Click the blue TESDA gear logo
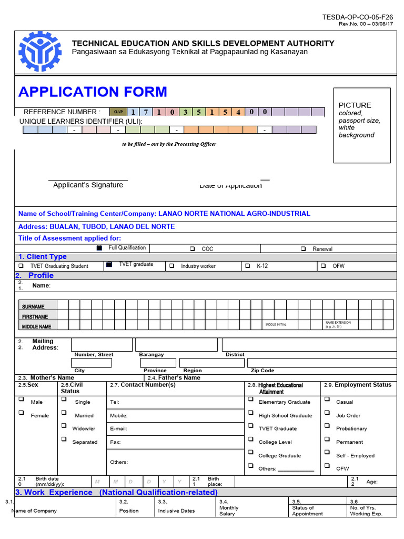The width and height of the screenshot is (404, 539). tap(39, 51)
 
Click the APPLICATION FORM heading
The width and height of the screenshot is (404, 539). tap(93, 92)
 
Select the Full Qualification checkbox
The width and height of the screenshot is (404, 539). tap(99, 248)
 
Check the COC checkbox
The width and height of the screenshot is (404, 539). tap(192, 249)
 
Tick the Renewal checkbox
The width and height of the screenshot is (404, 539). tap(304, 249)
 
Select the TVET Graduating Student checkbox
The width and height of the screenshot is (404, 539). tap(21, 266)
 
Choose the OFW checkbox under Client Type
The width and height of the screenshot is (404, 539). tap(323, 266)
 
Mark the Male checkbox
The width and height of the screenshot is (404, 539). tap(22, 400)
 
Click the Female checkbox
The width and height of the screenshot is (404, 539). tap(22, 413)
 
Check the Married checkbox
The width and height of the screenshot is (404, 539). tap(63, 413)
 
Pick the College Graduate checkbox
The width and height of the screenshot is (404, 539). tap(251, 453)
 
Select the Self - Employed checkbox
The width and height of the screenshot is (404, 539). tap(327, 453)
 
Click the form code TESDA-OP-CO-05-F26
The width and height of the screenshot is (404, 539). tap(357, 17)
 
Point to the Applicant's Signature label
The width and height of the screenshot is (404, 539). tap(88, 185)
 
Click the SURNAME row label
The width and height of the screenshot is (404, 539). tap(33, 306)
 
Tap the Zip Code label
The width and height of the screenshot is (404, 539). tap(262, 371)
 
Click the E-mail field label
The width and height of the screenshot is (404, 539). tap(118, 429)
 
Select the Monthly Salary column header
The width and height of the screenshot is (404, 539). tap(229, 511)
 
